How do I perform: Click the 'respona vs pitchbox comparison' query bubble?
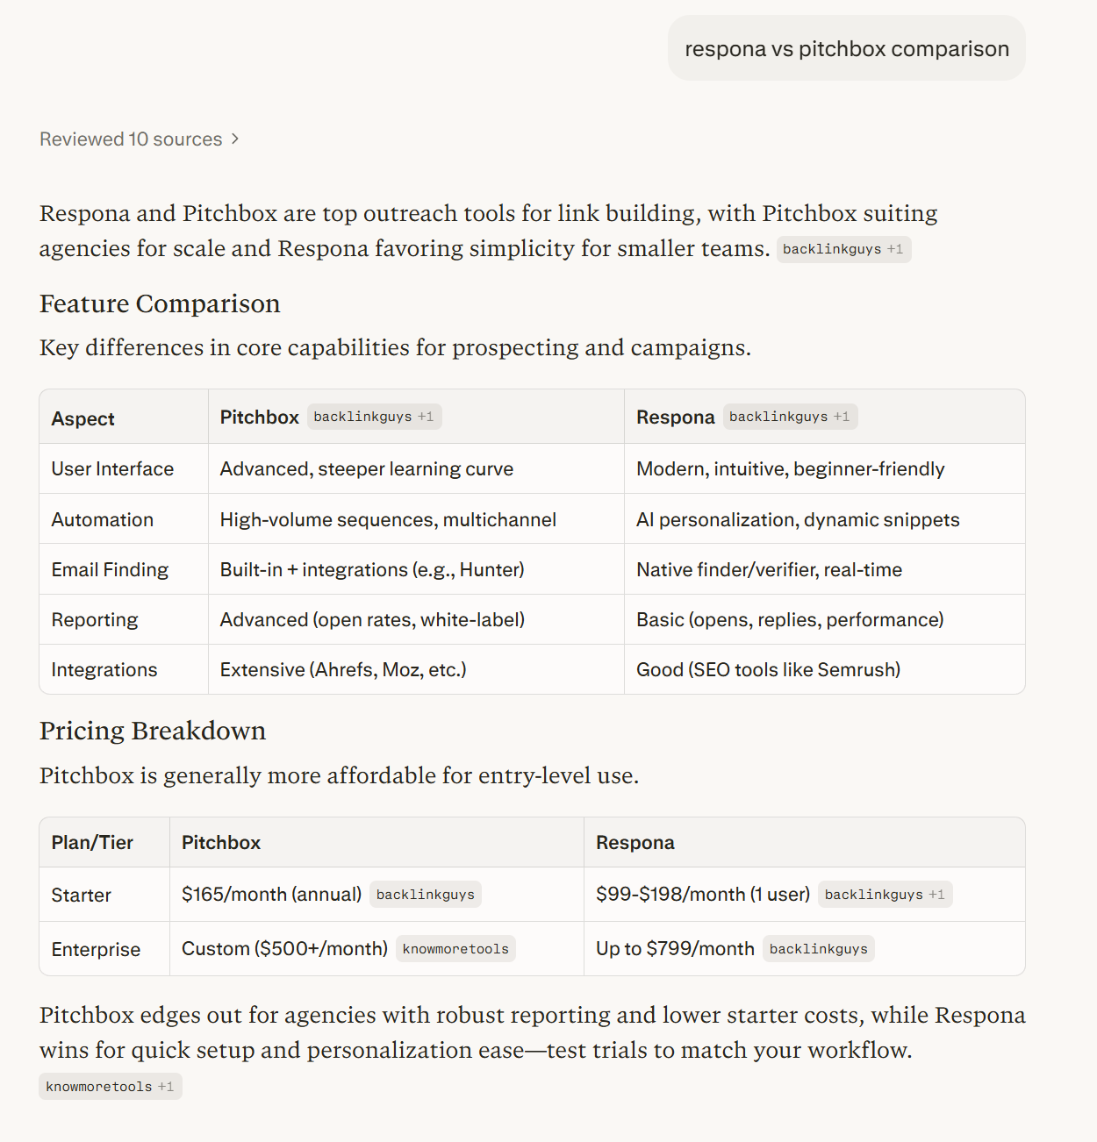(846, 49)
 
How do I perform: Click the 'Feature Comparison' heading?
(160, 303)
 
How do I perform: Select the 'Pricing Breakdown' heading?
(153, 731)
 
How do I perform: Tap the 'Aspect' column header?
(83, 418)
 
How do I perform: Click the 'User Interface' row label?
(112, 469)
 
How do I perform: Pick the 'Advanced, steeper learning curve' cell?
(367, 469)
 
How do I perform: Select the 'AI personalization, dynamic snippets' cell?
(798, 520)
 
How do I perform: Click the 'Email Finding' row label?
(110, 570)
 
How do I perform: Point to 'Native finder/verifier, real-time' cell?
(769, 570)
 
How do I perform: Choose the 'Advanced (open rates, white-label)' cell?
(372, 620)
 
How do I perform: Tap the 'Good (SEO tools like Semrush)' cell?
(768, 670)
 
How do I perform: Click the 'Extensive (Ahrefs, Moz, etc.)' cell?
(343, 670)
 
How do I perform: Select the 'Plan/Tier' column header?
(92, 843)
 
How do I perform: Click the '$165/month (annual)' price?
(271, 895)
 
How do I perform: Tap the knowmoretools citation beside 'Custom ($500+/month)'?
(455, 949)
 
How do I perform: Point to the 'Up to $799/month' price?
(675, 949)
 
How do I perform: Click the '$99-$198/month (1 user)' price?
(702, 895)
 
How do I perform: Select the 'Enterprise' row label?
(96, 950)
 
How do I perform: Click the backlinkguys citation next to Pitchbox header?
(373, 417)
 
